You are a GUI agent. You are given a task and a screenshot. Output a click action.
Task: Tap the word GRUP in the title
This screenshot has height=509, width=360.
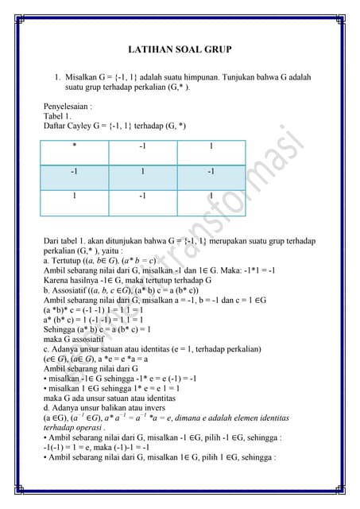218,49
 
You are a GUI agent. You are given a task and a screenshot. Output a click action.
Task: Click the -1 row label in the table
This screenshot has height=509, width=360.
75,171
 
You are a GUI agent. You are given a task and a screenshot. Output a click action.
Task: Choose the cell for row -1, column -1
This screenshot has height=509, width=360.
142,171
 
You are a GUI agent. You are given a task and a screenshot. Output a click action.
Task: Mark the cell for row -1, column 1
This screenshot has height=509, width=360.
211,171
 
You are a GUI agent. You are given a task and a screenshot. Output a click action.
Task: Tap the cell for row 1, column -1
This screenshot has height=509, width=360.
142,196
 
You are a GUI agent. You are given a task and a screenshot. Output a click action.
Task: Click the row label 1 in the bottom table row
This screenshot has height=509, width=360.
75,196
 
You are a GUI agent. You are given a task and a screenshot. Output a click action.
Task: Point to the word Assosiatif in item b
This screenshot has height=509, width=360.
71,291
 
